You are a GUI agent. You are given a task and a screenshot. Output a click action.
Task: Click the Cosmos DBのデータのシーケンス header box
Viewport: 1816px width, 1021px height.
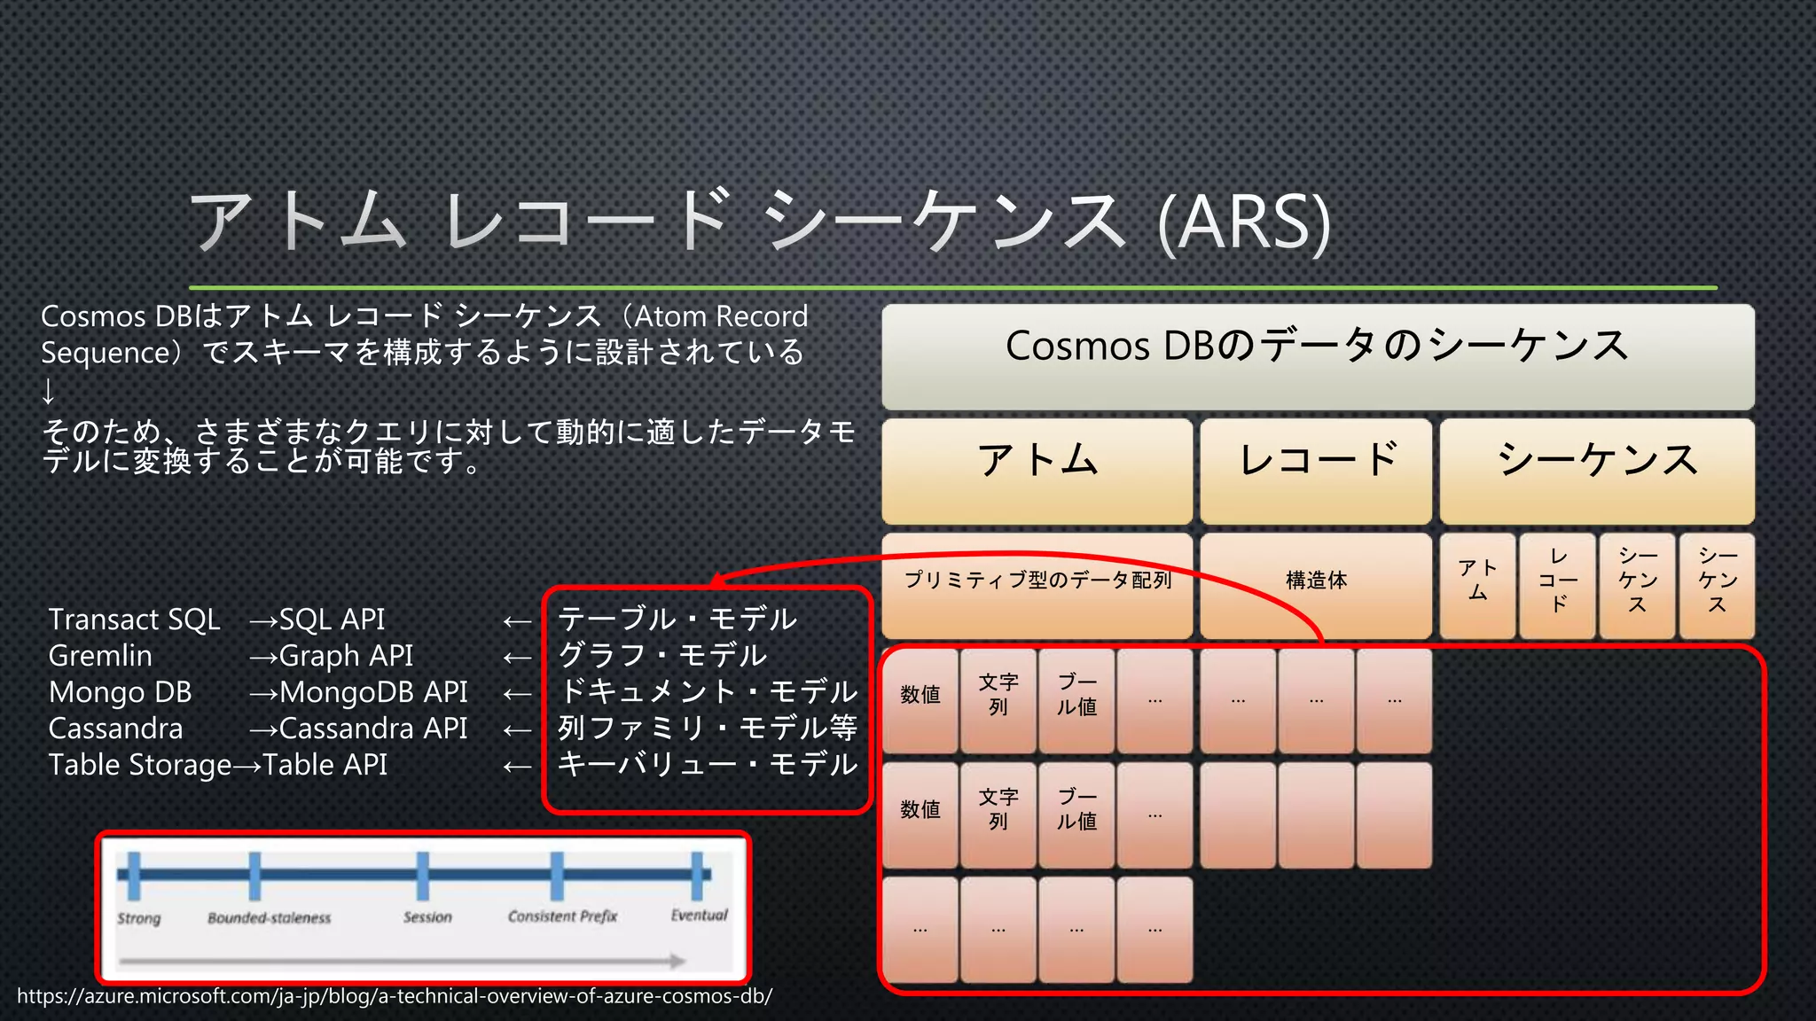tap(1318, 355)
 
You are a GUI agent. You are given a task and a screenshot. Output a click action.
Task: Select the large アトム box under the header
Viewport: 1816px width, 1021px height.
tap(1037, 470)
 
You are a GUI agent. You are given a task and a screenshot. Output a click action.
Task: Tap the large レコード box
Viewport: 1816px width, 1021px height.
tap(1316, 470)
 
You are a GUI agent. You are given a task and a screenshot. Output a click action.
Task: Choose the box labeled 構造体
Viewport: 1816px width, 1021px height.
tap(1316, 581)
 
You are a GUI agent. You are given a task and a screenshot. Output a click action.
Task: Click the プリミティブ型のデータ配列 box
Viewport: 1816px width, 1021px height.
tap(1037, 581)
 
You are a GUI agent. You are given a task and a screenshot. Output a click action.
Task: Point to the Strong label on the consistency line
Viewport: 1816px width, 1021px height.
tap(139, 918)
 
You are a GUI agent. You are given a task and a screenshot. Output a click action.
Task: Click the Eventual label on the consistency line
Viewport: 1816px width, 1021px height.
tap(699, 915)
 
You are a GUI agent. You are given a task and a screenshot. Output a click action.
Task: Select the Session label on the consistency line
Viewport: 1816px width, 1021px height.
tap(427, 917)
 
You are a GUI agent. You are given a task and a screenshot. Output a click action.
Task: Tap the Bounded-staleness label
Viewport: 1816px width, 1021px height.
tap(269, 918)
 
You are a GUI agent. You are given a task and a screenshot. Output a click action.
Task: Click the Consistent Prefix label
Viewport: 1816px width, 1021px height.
tap(562, 916)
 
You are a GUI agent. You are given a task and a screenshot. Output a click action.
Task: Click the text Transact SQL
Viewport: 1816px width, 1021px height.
tap(134, 620)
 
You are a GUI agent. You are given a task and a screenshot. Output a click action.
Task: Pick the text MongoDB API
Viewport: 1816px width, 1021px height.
tap(373, 692)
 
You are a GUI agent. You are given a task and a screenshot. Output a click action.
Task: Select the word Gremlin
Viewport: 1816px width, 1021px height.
tap(100, 656)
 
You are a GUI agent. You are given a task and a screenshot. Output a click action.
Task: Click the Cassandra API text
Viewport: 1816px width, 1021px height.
tap(373, 729)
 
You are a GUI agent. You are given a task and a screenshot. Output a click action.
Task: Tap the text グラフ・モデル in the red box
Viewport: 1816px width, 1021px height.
tap(662, 656)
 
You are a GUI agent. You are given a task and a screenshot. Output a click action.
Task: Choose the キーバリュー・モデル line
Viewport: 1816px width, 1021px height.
tap(707, 765)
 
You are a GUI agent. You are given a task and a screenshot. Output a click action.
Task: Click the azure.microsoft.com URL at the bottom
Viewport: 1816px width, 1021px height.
tap(395, 996)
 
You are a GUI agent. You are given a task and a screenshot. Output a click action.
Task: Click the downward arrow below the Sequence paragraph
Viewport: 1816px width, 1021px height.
tap(48, 391)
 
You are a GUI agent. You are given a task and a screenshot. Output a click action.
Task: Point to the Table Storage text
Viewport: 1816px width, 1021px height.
tap(139, 765)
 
